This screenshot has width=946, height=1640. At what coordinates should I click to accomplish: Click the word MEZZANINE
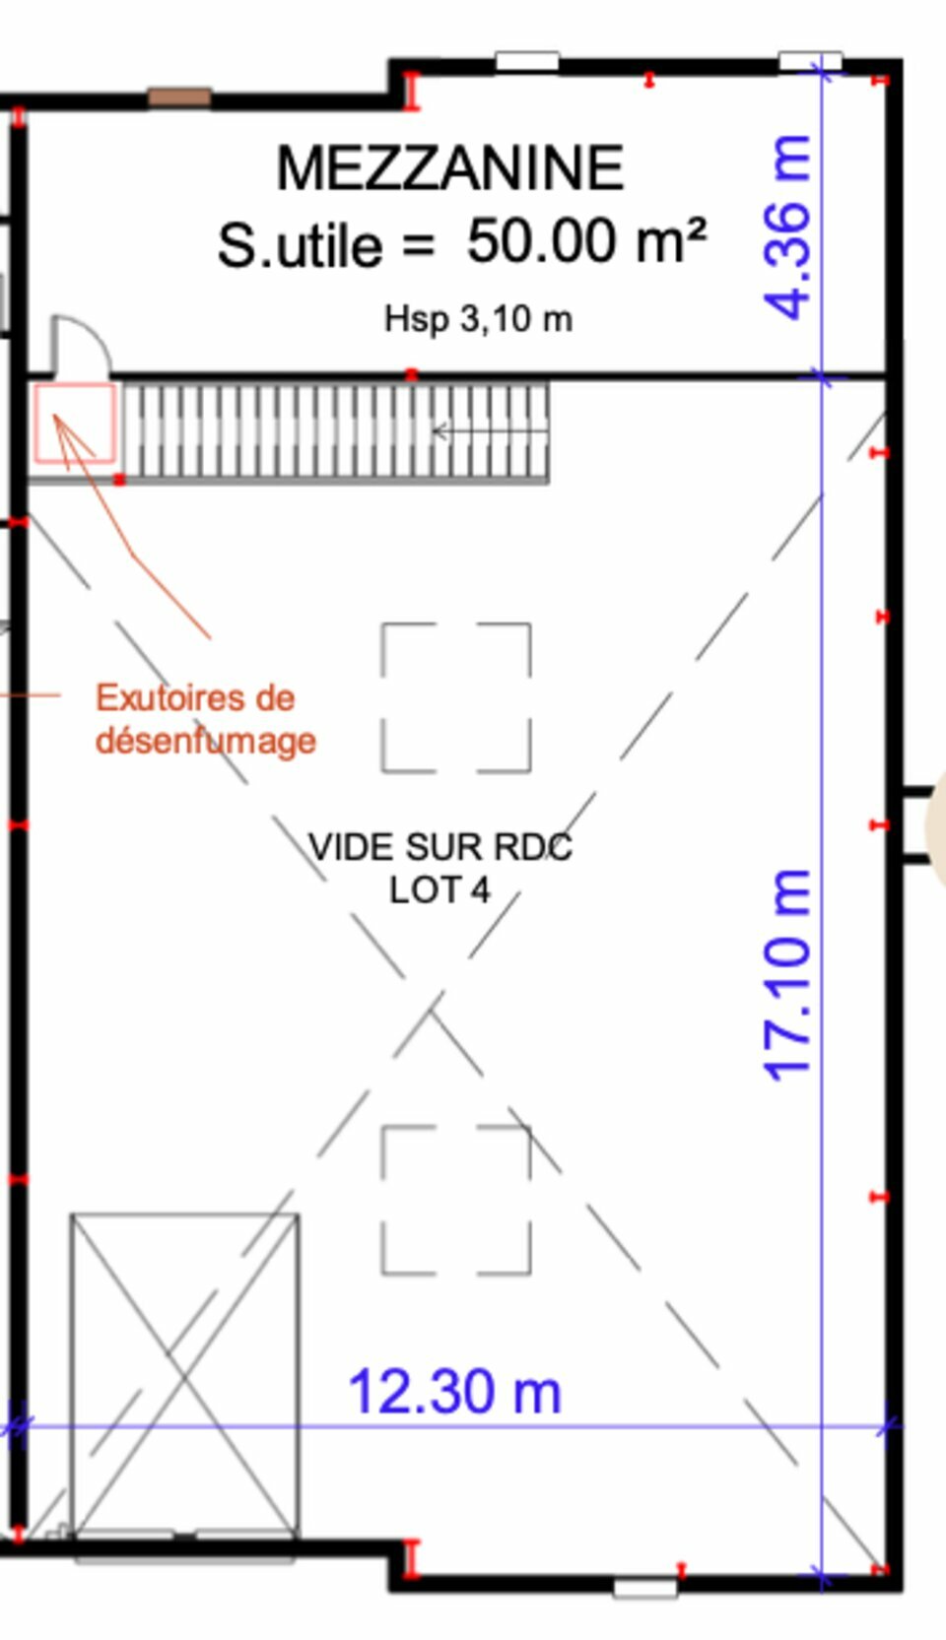449,168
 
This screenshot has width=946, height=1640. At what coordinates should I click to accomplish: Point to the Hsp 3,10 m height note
478,319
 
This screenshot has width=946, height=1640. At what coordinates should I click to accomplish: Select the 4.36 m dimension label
787,227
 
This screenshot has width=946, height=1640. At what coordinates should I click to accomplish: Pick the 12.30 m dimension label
454,1392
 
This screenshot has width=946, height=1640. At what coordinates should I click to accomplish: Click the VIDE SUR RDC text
440,847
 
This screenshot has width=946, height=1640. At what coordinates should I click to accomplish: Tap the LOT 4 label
439,890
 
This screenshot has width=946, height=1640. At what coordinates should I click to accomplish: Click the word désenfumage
206,741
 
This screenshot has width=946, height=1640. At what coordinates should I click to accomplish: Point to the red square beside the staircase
75,424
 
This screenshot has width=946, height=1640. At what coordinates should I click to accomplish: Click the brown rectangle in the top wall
180,97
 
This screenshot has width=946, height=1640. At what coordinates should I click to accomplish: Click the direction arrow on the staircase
491,431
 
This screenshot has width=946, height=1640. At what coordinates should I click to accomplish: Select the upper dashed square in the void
456,697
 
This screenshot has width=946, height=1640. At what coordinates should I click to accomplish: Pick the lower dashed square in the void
456,1201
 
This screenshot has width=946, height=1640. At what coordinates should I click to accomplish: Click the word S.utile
300,245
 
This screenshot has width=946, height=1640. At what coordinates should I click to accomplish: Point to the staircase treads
335,430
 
